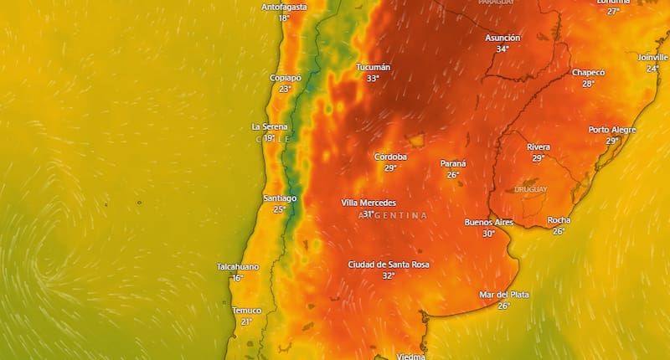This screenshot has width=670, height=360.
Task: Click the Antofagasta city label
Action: (x=284, y=7)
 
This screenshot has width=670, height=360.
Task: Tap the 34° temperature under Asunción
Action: (x=502, y=49)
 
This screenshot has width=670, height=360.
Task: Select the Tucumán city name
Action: (x=373, y=67)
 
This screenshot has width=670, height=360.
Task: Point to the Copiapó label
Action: (x=285, y=78)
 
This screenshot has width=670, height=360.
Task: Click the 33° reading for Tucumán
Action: (x=373, y=79)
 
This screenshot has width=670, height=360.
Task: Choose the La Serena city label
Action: (x=270, y=127)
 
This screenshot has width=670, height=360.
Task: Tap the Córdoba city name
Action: (x=390, y=157)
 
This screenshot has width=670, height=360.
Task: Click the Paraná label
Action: (x=453, y=163)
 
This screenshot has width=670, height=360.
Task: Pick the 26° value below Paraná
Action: (x=453, y=175)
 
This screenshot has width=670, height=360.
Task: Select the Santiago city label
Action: (x=280, y=198)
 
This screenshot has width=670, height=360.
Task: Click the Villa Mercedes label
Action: (x=368, y=203)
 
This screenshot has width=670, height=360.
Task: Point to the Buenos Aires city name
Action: (x=488, y=223)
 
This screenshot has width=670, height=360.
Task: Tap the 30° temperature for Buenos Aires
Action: (x=488, y=234)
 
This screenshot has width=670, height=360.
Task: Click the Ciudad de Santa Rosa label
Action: (x=389, y=265)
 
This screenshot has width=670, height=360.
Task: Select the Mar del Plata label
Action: (x=504, y=295)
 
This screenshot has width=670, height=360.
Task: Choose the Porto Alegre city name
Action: (x=611, y=130)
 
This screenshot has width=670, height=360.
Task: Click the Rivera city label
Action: (x=538, y=147)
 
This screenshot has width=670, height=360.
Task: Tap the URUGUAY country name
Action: (x=530, y=189)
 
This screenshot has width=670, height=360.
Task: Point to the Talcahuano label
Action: (x=238, y=267)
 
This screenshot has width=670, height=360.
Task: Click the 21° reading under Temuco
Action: (x=246, y=321)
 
